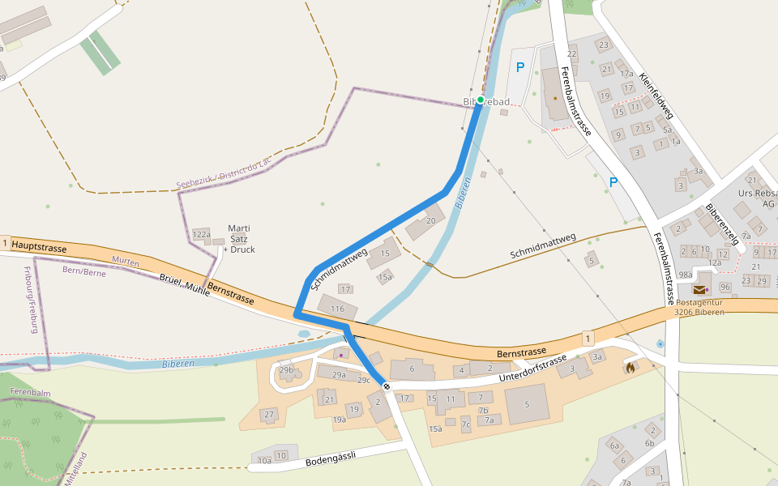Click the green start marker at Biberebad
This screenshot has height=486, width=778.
481,100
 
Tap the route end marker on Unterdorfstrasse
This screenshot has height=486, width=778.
387,386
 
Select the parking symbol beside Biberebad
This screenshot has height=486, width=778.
520,68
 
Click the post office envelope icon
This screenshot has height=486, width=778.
699,289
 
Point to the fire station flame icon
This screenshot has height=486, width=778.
631,367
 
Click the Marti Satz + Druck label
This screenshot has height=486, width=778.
240,239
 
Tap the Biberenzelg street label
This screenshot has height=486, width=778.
723,224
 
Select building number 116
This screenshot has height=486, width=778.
338,309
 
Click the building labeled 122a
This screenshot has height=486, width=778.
201,235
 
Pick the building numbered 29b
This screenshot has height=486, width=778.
286,370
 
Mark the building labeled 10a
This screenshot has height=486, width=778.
264,461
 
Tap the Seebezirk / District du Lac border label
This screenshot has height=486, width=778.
224,175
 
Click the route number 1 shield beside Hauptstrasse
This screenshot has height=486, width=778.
6,243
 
